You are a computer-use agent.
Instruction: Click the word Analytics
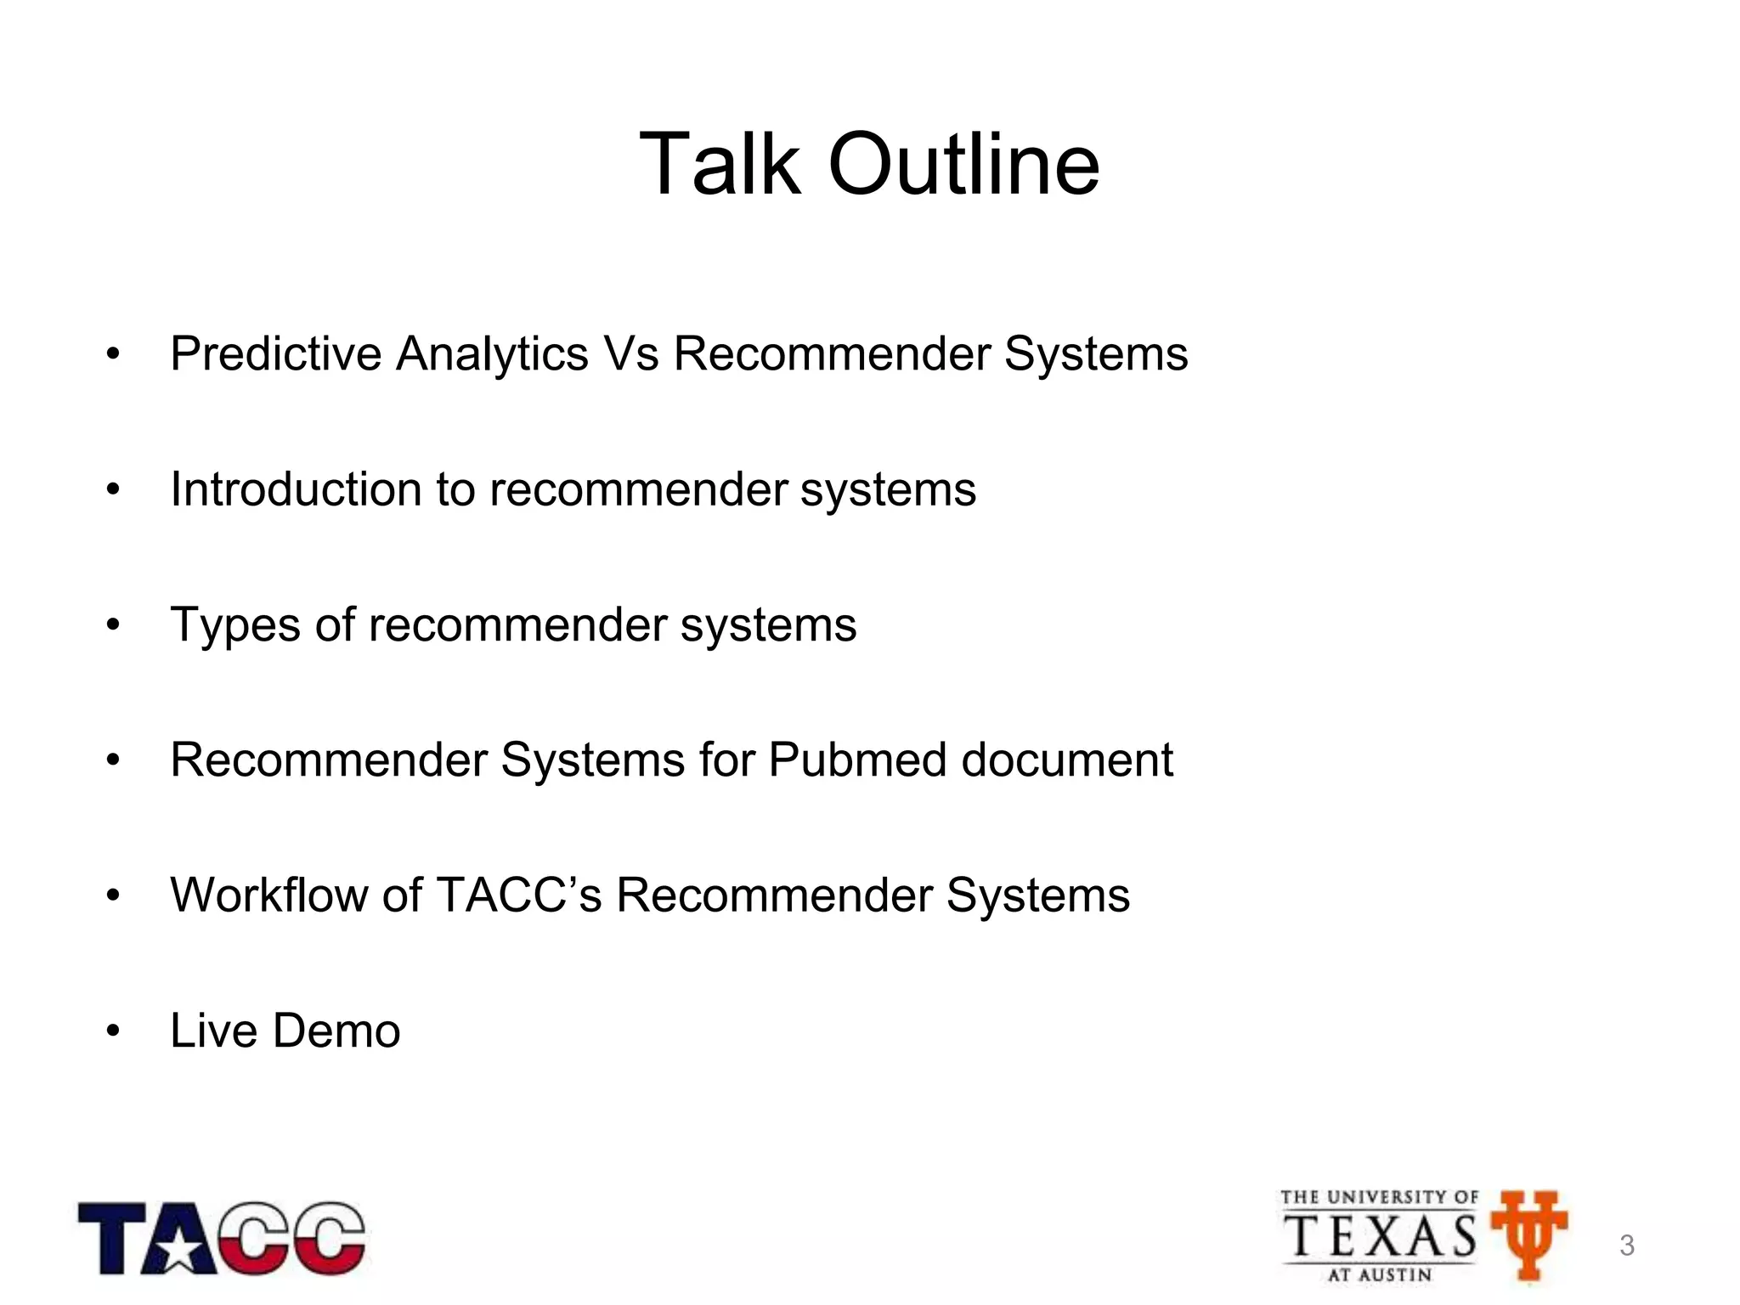coord(492,355)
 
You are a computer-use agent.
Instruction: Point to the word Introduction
coord(296,489)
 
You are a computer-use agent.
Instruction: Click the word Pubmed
coord(857,760)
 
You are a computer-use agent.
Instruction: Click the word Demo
coord(336,1031)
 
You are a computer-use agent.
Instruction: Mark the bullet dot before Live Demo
coord(114,1032)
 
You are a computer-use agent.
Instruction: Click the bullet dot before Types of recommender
coord(114,626)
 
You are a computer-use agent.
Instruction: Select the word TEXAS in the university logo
coord(1380,1236)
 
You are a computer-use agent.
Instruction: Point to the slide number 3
coord(1627,1246)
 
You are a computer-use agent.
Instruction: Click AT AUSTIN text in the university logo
coord(1380,1274)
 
